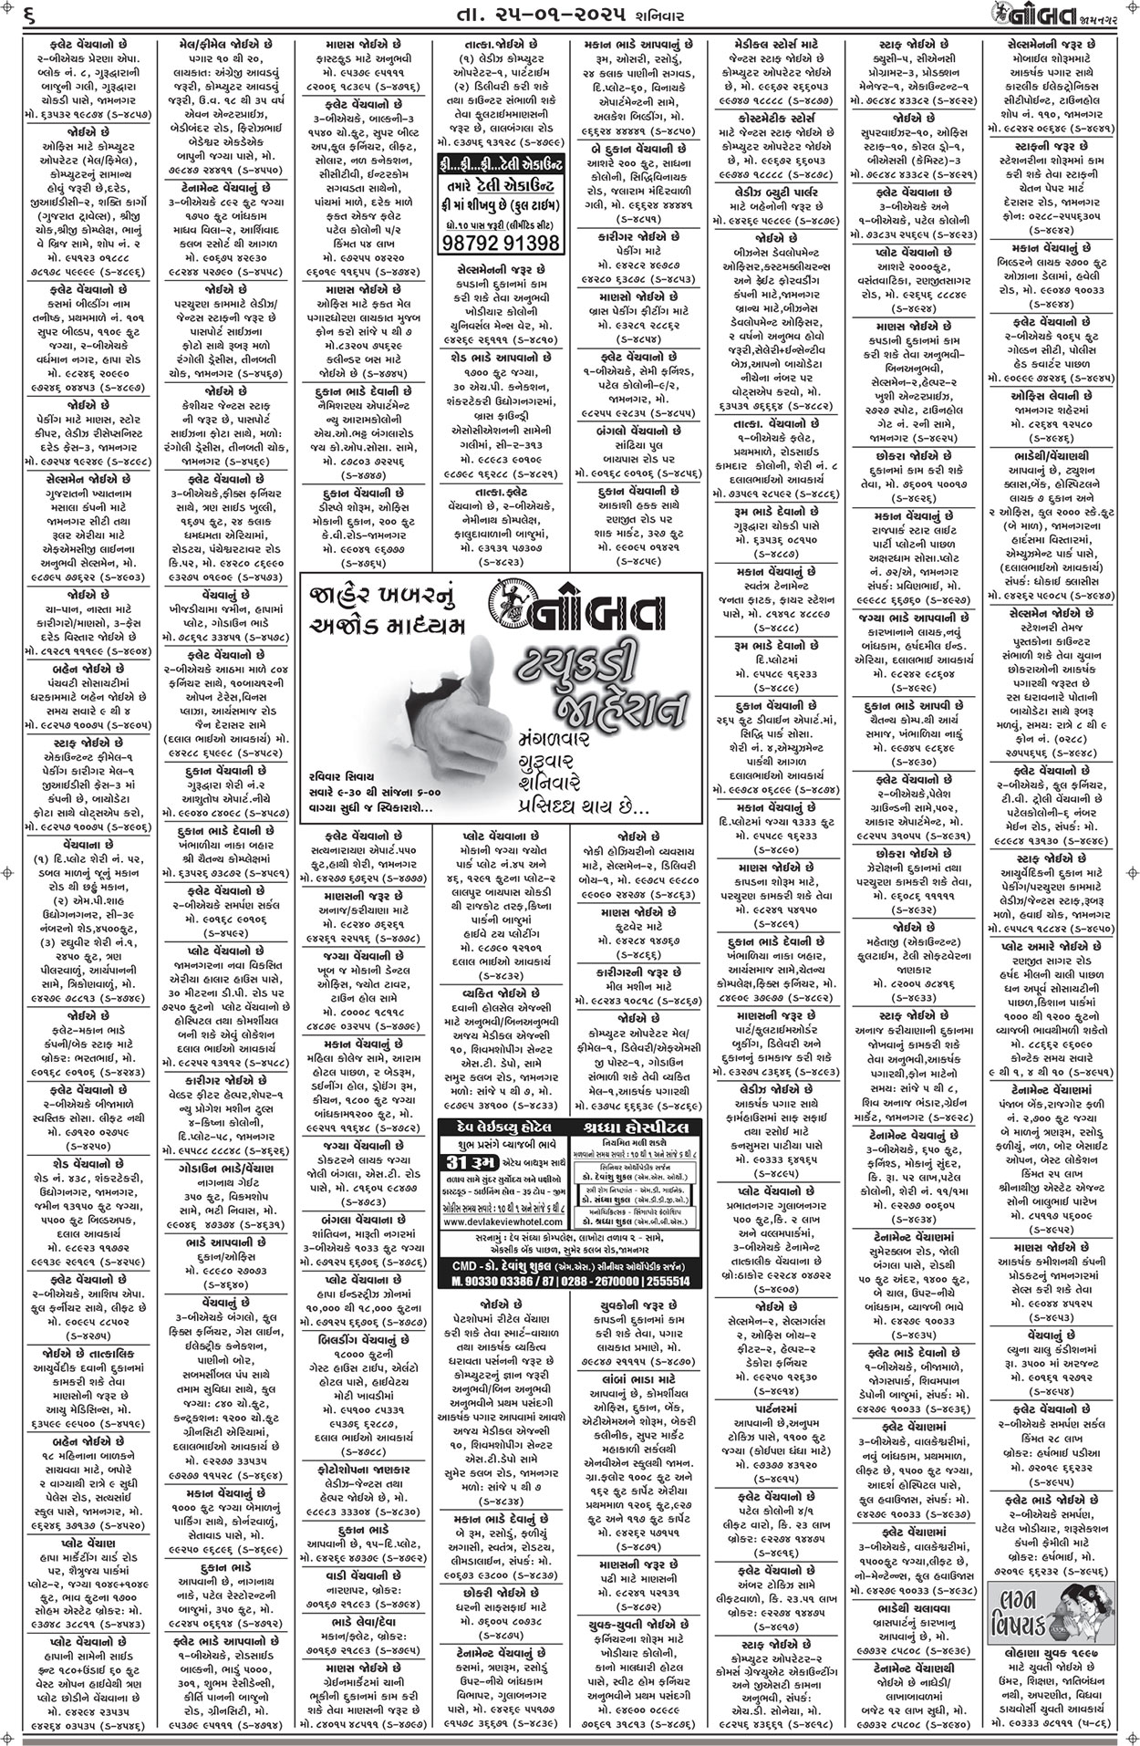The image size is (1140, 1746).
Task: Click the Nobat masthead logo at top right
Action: [x=1076, y=16]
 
